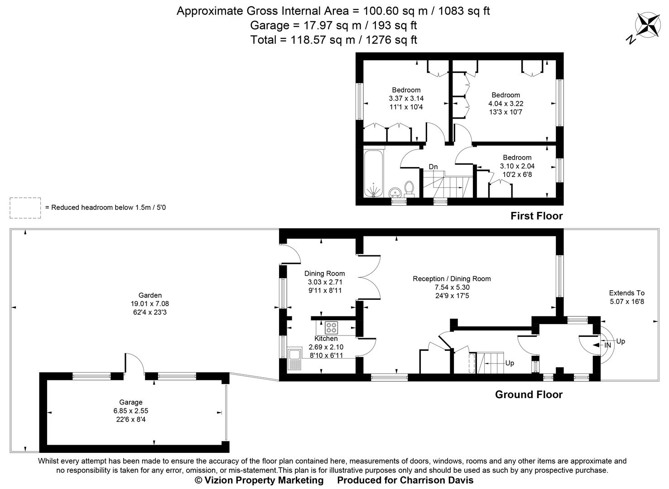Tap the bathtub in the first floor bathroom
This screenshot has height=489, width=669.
[x=374, y=173]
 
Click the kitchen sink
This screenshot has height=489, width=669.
[x=294, y=358]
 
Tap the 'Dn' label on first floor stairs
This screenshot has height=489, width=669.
[x=433, y=167]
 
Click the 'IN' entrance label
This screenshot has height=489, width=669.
[x=607, y=345]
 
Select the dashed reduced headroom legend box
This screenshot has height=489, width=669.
[x=25, y=208]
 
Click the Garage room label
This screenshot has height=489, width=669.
[x=131, y=402]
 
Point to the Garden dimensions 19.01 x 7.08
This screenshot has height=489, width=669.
[x=149, y=304]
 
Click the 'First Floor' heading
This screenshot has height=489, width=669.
[x=536, y=216]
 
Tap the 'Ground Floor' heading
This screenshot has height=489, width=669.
[x=529, y=394]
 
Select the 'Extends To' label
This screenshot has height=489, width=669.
[x=626, y=293]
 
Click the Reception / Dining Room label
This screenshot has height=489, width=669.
[x=452, y=279]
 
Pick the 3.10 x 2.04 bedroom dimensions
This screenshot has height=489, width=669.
[x=517, y=166]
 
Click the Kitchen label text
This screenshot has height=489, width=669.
[x=326, y=339]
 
